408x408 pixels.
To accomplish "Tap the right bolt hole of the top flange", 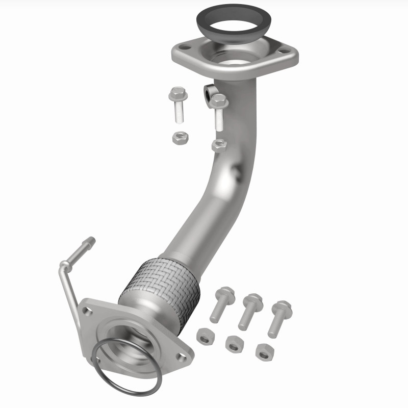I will tap(284, 51).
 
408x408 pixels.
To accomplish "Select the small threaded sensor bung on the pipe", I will tap(209, 93).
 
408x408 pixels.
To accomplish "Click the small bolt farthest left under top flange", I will tap(178, 105).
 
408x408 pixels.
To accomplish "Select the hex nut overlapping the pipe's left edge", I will tap(218, 145).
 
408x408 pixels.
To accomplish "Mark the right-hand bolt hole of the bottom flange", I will tap(176, 349).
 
